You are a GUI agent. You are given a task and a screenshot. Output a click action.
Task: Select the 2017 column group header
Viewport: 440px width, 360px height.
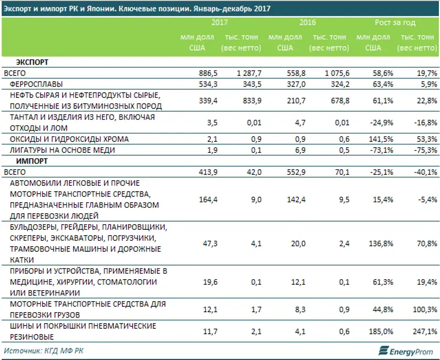tap(219, 23)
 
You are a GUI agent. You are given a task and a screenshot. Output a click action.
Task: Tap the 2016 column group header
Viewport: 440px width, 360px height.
tap(307, 23)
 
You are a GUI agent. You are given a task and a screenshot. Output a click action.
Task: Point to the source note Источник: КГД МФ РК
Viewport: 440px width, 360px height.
tap(43, 350)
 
